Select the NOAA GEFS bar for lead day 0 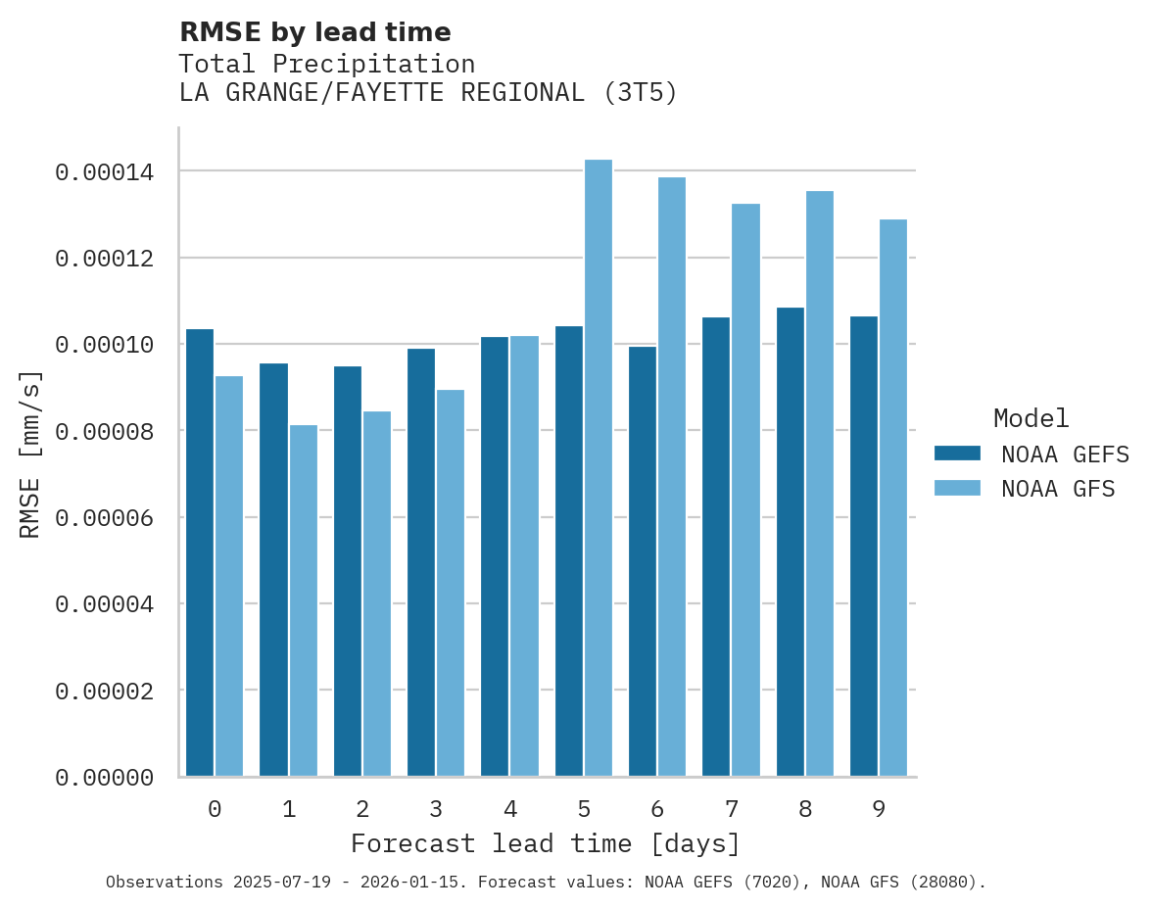tap(200, 552)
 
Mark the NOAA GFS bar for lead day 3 tap(451, 583)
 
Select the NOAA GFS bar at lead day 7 tap(745, 490)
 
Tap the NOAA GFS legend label tap(1058, 489)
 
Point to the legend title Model tap(1031, 418)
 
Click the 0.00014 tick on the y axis tap(104, 172)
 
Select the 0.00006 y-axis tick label tap(104, 518)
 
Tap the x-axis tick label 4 tap(510, 810)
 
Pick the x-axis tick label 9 tap(879, 810)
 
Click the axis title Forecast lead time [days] tap(546, 843)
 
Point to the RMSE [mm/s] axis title tap(30, 454)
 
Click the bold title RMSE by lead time tap(315, 32)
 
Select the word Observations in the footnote tap(165, 883)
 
